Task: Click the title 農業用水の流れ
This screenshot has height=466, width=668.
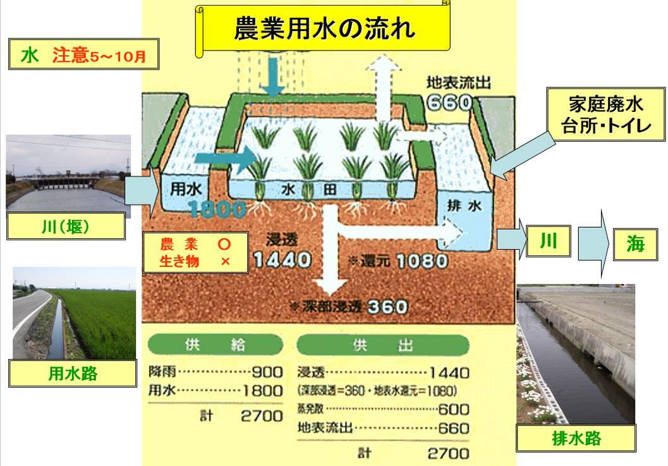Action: [325, 28]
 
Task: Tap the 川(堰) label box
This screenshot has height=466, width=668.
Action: [66, 226]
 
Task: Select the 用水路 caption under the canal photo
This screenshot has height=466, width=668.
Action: [73, 374]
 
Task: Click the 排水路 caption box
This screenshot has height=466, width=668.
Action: [576, 438]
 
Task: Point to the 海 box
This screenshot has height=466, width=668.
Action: [635, 244]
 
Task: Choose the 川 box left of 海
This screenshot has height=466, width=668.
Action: [549, 242]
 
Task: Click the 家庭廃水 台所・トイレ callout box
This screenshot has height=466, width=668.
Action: [606, 114]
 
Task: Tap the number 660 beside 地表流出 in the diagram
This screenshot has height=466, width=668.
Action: [449, 102]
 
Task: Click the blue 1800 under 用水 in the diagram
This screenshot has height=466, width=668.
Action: [217, 209]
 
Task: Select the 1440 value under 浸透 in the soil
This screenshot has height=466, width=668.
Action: [282, 260]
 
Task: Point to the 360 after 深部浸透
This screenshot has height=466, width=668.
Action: [387, 307]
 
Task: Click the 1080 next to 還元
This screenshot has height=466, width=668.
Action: [422, 261]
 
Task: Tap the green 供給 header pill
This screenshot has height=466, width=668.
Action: [215, 345]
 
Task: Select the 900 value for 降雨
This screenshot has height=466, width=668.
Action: [267, 372]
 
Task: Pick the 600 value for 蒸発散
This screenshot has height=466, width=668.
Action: [454, 409]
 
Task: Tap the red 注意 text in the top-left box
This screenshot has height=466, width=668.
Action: [70, 55]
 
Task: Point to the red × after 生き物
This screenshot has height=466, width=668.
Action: [226, 261]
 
